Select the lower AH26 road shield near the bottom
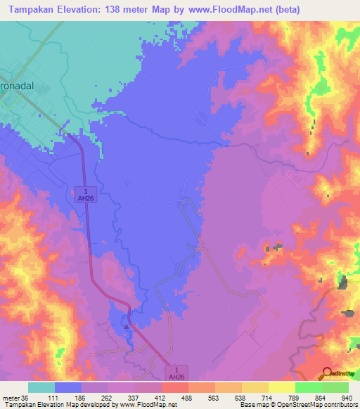(179, 372)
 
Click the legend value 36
(26, 397)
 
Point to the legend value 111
(55, 397)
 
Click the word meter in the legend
(10, 397)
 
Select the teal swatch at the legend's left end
(41, 387)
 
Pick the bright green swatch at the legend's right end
(335, 387)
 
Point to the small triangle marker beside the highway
(126, 326)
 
